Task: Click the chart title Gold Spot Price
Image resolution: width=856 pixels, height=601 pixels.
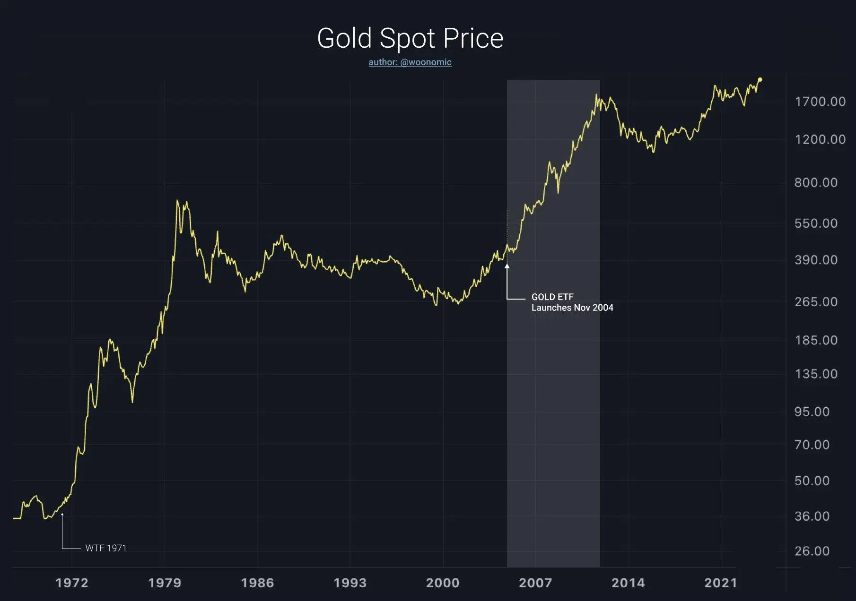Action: (x=410, y=38)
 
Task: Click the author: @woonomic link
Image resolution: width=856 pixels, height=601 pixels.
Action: (x=410, y=62)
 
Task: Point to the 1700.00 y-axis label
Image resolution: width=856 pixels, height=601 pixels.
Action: (x=820, y=102)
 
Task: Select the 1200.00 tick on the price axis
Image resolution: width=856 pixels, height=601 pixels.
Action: (x=820, y=139)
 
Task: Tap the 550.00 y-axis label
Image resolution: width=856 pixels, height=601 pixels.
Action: (x=816, y=223)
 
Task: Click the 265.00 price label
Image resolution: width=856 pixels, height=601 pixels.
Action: (x=816, y=301)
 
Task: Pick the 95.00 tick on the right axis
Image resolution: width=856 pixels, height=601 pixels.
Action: (x=812, y=412)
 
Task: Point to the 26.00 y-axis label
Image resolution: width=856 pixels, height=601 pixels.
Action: (x=812, y=551)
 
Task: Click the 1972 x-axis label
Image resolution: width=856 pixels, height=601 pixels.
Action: (x=72, y=583)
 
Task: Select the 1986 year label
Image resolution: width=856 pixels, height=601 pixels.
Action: (x=257, y=583)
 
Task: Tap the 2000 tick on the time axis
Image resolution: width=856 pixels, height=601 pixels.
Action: (x=443, y=583)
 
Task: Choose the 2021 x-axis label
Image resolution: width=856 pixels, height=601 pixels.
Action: (x=721, y=583)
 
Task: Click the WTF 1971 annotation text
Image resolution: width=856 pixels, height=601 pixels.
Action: (x=106, y=548)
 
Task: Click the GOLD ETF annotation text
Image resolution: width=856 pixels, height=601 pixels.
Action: (x=552, y=297)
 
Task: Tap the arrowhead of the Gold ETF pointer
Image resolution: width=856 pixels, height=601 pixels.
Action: (x=507, y=266)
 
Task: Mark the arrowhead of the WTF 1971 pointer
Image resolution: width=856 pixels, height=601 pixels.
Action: (x=62, y=515)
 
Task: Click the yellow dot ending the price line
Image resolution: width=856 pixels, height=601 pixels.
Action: (x=760, y=79)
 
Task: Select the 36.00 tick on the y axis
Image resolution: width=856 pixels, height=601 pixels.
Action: (x=812, y=516)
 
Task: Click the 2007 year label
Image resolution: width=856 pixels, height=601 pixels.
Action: (x=535, y=583)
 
